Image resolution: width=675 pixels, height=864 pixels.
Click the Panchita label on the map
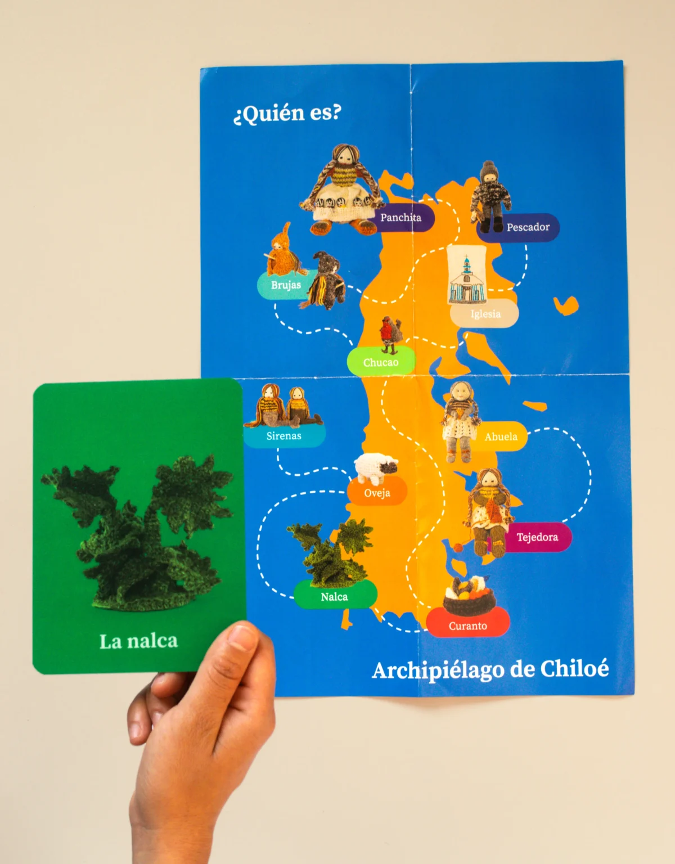tap(401, 218)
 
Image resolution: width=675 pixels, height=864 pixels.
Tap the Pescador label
tap(527, 227)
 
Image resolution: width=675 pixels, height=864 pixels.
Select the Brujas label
tap(285, 285)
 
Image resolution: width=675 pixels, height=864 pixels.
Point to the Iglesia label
tap(485, 314)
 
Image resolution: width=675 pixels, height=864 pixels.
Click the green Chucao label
tap(381, 362)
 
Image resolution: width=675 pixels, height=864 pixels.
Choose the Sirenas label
tap(284, 436)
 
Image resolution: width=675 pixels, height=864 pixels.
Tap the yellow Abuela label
tap(501, 436)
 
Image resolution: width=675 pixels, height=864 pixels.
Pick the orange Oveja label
tap(377, 493)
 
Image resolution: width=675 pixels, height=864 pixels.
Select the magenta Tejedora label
tap(537, 537)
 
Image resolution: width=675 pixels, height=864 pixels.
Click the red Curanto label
tap(467, 625)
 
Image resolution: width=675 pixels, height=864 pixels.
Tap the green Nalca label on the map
tap(334, 597)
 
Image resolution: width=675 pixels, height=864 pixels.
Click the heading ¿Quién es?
tap(287, 113)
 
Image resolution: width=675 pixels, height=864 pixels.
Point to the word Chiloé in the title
tap(574, 669)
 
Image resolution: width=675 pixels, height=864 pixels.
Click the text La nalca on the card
tap(138, 641)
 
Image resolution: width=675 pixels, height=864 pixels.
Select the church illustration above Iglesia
tap(466, 278)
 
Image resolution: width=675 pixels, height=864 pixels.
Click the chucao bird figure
tap(390, 333)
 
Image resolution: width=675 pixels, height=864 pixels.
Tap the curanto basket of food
tap(469, 596)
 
